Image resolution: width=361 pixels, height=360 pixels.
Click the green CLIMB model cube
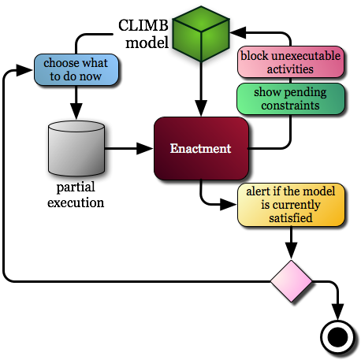click(201, 34)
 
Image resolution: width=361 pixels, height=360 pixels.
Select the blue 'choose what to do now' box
click(76, 70)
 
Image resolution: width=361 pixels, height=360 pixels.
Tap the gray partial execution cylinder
click(76, 148)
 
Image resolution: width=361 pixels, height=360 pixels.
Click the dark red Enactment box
click(201, 149)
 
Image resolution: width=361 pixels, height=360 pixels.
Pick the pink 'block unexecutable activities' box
click(291, 62)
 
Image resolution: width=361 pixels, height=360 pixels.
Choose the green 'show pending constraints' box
click(291, 99)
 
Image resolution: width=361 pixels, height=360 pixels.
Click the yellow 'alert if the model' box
click(291, 205)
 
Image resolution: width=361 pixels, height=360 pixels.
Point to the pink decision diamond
click(291, 281)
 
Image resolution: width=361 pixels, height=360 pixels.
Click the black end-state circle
click(337, 337)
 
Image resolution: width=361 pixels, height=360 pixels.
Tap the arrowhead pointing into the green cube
click(238, 32)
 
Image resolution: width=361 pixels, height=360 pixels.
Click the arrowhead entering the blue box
click(24, 70)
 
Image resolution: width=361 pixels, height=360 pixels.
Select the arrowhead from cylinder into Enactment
click(145, 149)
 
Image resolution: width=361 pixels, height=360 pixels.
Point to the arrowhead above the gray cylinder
click(76, 111)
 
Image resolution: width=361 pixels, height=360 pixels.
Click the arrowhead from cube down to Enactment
click(201, 108)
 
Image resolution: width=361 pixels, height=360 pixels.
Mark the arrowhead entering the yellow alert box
click(229, 204)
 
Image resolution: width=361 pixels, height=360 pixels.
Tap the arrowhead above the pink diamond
click(291, 251)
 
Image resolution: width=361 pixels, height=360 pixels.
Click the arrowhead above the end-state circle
click(337, 312)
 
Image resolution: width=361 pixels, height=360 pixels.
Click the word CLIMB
click(143, 25)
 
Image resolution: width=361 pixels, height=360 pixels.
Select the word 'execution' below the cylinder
click(76, 203)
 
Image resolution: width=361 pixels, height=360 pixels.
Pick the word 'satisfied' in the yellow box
click(291, 218)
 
